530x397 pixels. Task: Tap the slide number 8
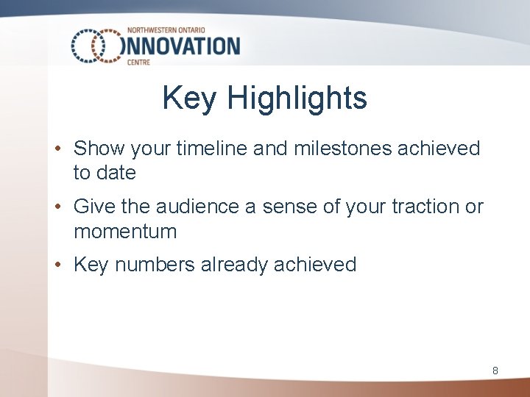click(495, 371)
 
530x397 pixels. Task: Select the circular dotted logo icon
click(96, 46)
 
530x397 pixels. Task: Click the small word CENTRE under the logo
click(138, 63)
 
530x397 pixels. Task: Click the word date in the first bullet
click(116, 174)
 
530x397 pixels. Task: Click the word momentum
click(125, 232)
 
